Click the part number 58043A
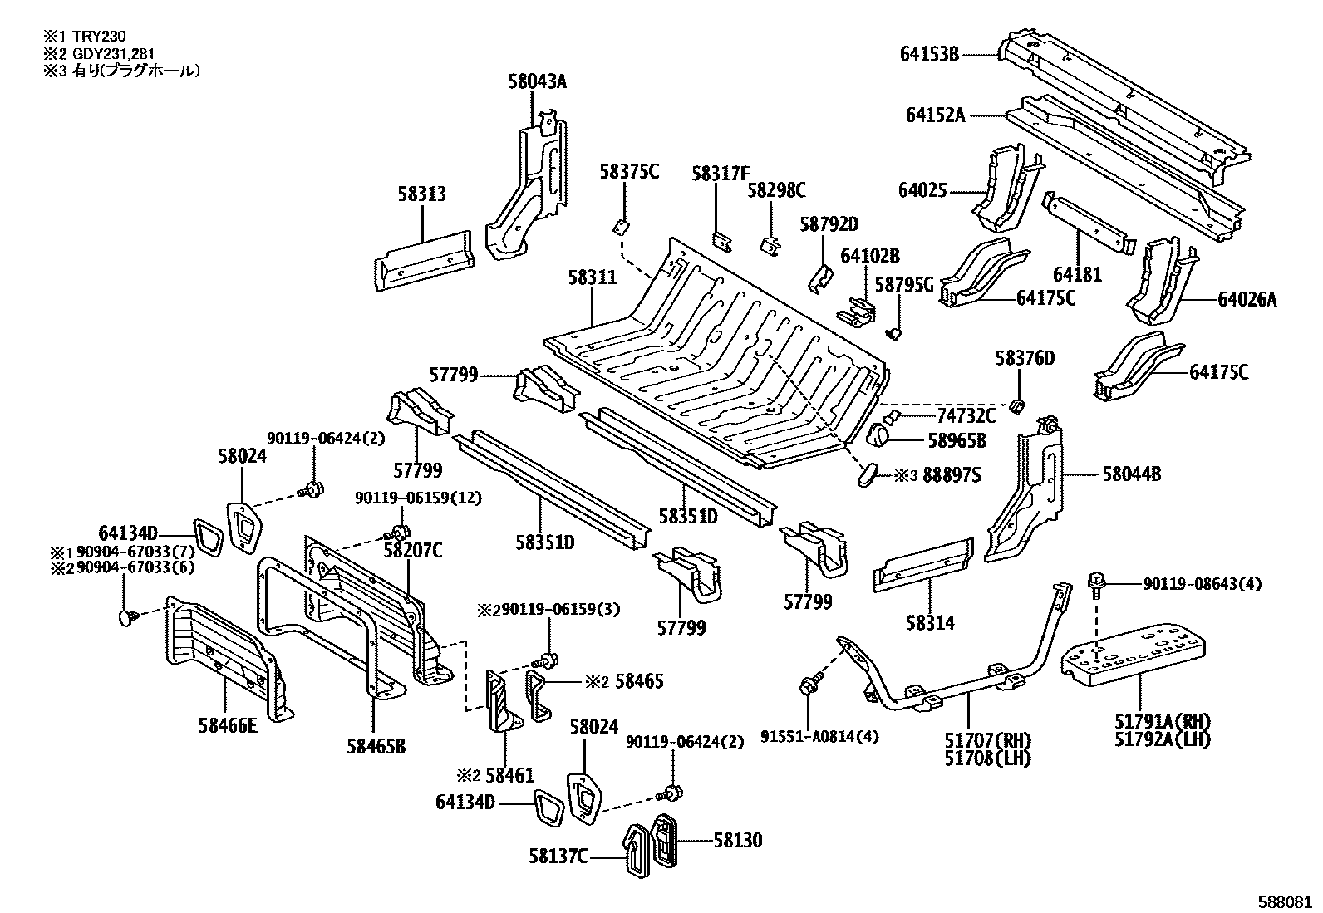pos(537,81)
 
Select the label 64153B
pos(929,54)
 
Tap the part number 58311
pos(592,277)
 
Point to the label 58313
pos(421,194)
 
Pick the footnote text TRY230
pos(99,37)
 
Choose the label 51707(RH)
pos(987,740)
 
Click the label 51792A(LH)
pos(1162,739)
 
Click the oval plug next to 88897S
pos(867,474)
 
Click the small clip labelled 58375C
pos(621,226)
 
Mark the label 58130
pos(738,840)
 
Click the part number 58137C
pos(558,857)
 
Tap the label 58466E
pos(228,726)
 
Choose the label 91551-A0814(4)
pos(819,736)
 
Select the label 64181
pos(1077,275)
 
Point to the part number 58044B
pos(1132,474)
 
